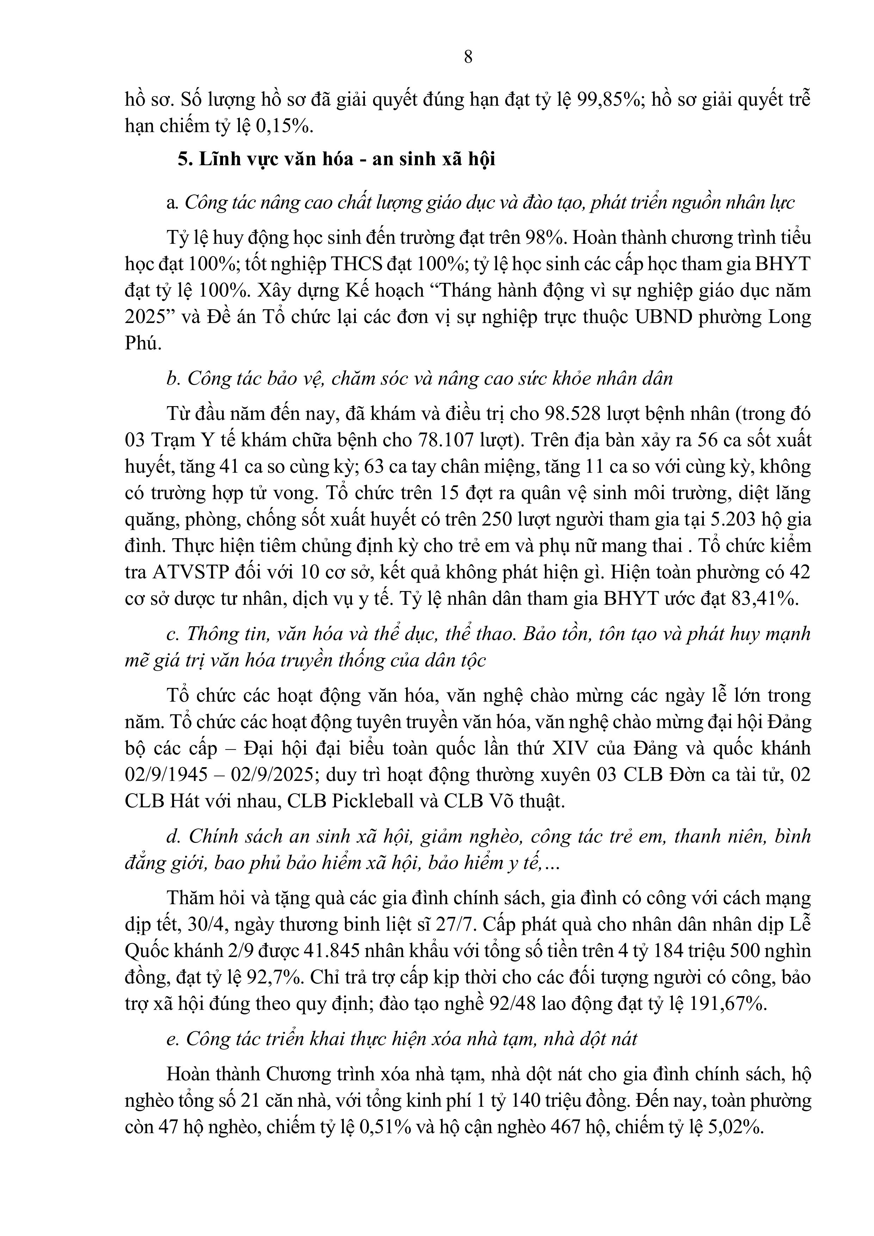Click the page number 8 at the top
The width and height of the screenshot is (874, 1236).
[x=468, y=56]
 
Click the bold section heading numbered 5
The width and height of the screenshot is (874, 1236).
[x=336, y=160]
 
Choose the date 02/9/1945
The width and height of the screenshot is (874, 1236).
[x=166, y=775]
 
